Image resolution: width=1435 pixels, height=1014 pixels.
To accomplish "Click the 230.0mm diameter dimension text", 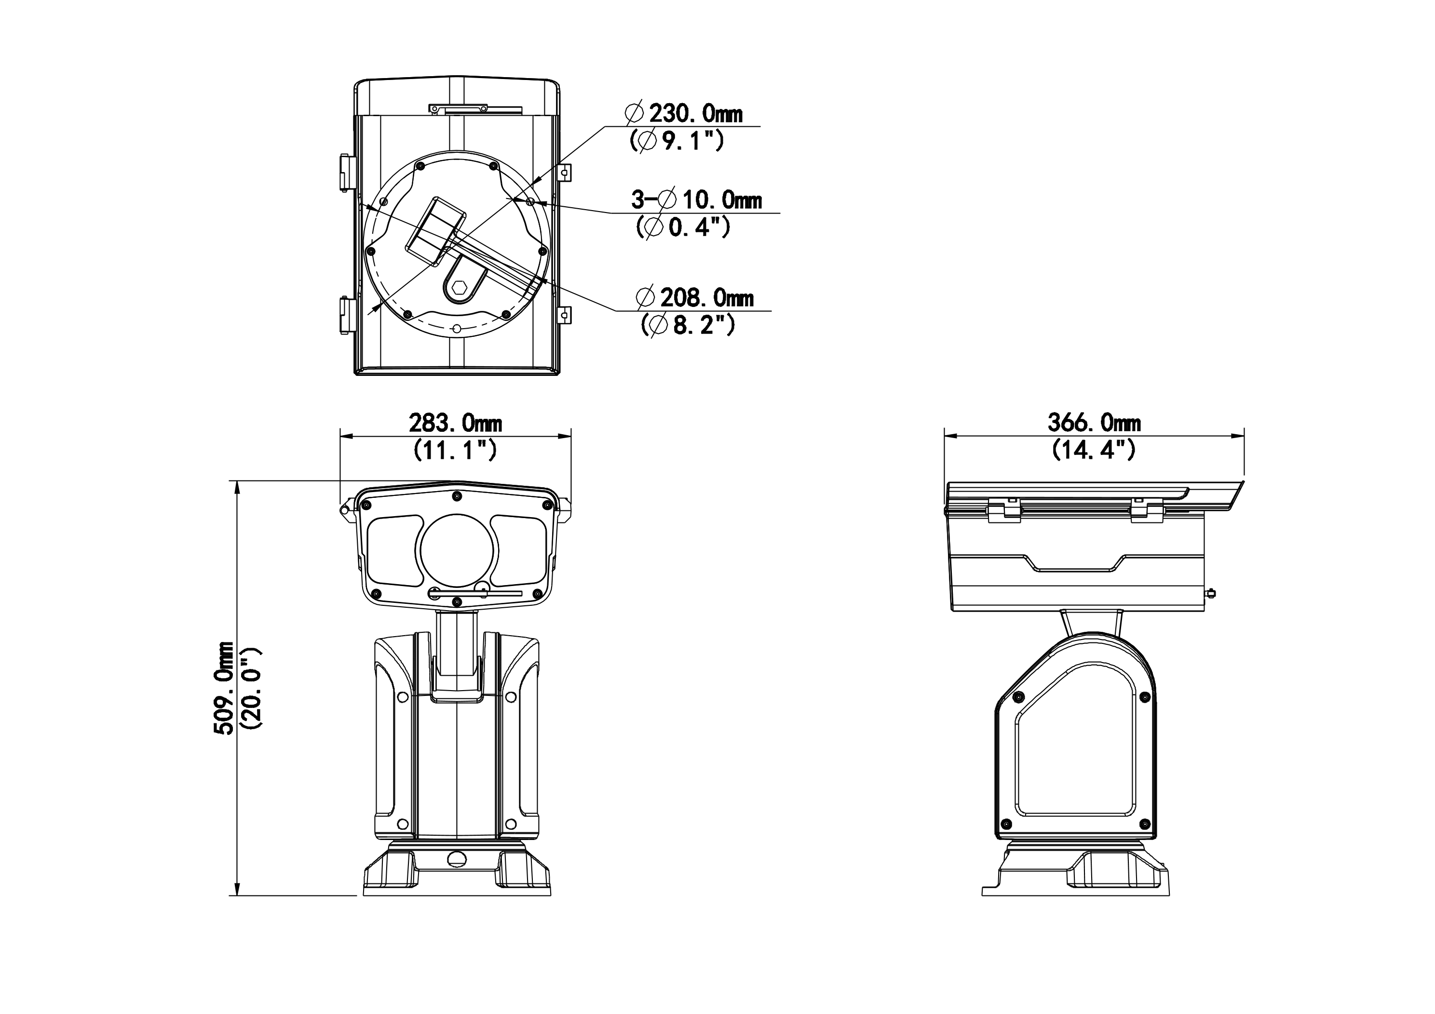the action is (x=684, y=114).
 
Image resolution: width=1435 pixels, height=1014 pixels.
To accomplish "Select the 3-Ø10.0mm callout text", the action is (x=696, y=200).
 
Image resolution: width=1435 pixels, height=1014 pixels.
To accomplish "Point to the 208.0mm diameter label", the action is (x=695, y=298).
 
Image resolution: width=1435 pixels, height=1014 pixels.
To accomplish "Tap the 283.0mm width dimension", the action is (x=456, y=424).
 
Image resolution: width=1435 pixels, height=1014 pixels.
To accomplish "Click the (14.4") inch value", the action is (x=1094, y=450).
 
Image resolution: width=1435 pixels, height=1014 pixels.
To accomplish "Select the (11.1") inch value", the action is (x=455, y=450).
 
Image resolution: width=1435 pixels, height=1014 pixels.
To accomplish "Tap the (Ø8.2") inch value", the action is (x=688, y=325).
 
